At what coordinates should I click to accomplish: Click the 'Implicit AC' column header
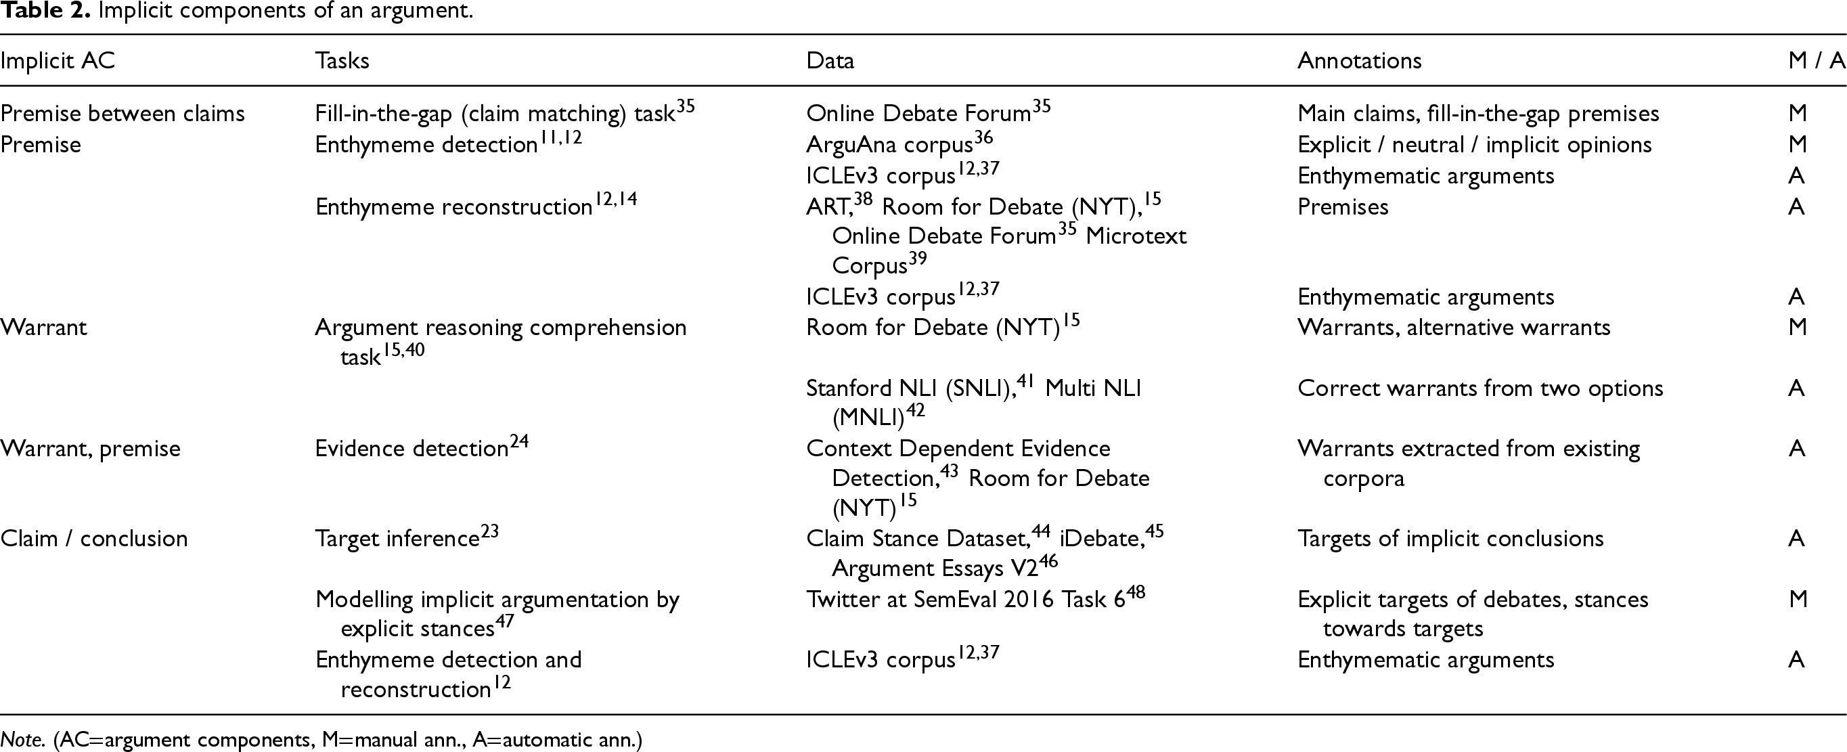point(58,61)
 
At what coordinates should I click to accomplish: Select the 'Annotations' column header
point(1359,61)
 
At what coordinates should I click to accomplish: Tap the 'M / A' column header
point(1815,61)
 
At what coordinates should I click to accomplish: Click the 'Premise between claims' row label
point(123,113)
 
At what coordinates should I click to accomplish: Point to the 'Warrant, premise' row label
point(90,449)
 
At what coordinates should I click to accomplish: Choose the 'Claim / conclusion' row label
point(94,538)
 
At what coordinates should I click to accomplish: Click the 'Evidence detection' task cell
point(411,449)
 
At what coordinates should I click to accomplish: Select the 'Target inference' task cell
point(397,538)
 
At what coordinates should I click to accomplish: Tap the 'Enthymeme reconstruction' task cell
point(454,207)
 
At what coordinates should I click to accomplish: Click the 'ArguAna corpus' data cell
point(889,145)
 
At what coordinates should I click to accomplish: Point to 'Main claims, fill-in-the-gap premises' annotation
point(1477,113)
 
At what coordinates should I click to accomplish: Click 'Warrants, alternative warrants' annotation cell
point(1453,328)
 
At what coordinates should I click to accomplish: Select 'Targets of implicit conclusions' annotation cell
point(1450,538)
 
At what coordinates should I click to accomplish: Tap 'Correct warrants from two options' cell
point(1480,389)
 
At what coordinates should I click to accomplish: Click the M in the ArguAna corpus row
point(1797,145)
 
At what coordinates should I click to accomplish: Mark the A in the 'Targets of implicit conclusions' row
point(1796,538)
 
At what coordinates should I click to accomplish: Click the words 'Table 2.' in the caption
point(45,11)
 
